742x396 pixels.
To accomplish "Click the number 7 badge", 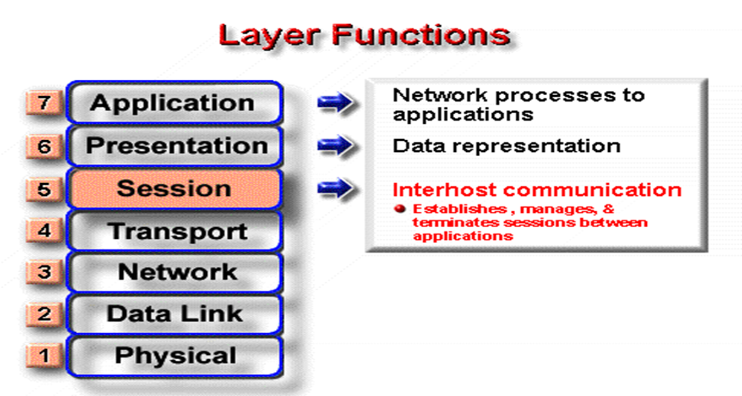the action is tap(44, 102).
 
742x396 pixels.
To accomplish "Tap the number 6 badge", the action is tap(44, 146).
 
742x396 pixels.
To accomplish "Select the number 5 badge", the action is tap(44, 189).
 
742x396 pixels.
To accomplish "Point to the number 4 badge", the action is tap(44, 230).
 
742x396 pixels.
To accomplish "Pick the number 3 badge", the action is tap(44, 272).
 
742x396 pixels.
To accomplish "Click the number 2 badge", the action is tap(44, 314).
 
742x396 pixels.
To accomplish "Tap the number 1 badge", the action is tap(44, 355).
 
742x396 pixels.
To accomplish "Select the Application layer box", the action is tap(174, 103).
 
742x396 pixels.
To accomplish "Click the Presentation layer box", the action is tap(174, 146).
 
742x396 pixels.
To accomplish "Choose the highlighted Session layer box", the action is tap(174, 189).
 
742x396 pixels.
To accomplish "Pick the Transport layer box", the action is tap(174, 231).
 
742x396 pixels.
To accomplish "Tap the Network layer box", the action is tap(174, 272).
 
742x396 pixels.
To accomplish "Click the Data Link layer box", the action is tap(174, 314).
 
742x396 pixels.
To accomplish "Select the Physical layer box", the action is tap(174, 356).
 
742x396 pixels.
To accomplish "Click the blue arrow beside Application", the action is tap(335, 102).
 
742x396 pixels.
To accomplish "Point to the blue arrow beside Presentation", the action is tap(335, 145).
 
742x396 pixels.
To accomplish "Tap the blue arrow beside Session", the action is tap(335, 188).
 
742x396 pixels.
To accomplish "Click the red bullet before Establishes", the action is tap(400, 208).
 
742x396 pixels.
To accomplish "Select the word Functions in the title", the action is tap(421, 35).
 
